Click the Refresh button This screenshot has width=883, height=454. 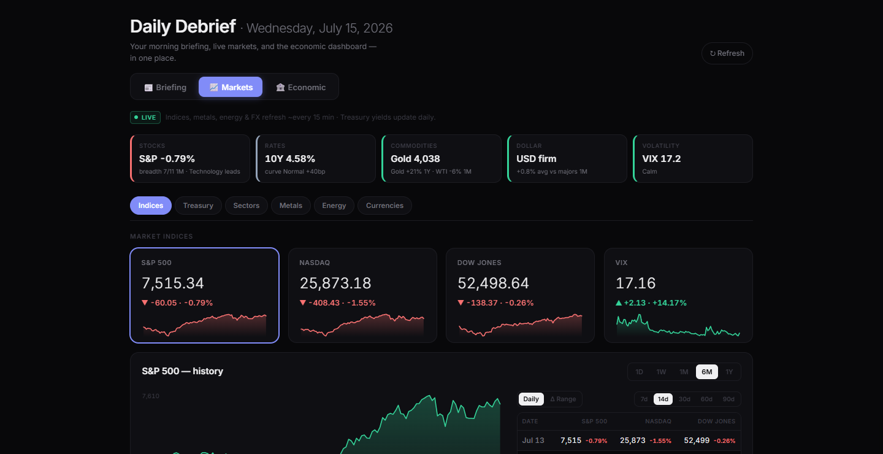click(727, 53)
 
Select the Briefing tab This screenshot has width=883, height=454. click(165, 87)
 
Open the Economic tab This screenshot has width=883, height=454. click(300, 87)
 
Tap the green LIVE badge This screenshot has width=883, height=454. click(145, 117)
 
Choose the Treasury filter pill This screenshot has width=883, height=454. click(198, 206)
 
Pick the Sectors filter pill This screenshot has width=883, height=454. click(247, 206)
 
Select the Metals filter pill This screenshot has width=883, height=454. click(291, 206)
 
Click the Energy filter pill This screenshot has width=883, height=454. click(334, 206)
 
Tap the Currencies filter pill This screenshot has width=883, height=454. click(384, 206)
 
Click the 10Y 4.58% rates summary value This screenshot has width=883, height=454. click(289, 158)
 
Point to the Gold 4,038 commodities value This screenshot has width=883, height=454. click(415, 158)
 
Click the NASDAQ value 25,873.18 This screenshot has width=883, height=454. click(335, 283)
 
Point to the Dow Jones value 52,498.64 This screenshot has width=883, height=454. click(493, 283)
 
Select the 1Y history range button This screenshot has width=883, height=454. click(729, 372)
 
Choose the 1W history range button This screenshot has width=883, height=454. click(661, 372)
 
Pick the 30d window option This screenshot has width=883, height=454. click(684, 399)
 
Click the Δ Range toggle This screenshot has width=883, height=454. click(563, 399)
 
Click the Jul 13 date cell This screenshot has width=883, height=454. click(533, 440)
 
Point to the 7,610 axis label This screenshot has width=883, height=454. click(151, 396)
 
